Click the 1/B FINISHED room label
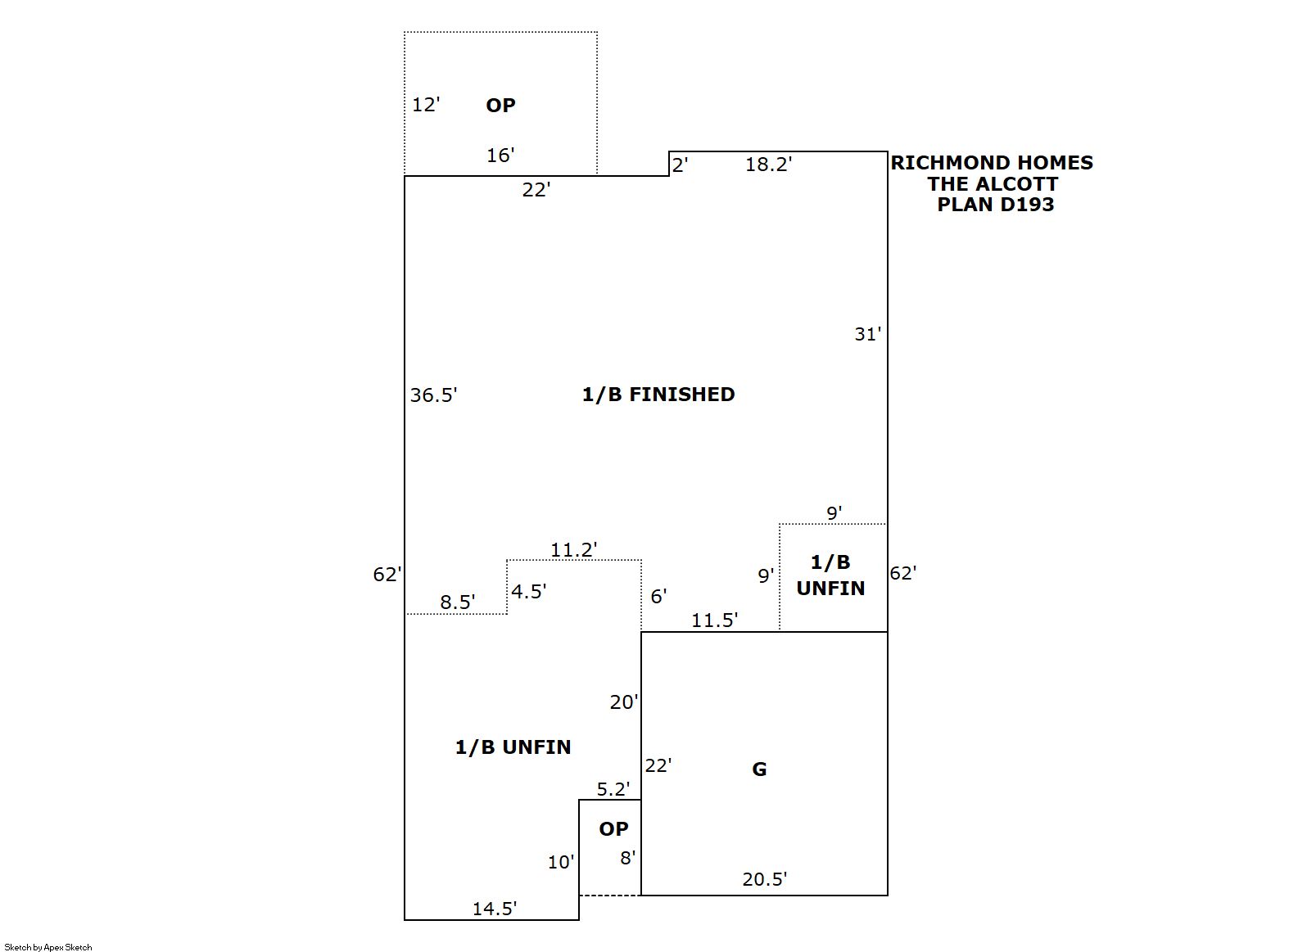(x=658, y=395)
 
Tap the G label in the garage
(x=759, y=769)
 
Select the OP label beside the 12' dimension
(x=500, y=106)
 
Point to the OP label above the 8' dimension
(x=613, y=829)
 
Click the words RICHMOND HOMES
(x=992, y=163)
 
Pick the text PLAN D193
(x=995, y=205)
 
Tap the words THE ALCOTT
(x=993, y=184)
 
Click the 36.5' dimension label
(x=433, y=395)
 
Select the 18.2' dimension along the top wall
(x=768, y=165)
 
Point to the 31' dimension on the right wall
(x=867, y=334)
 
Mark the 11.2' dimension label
(x=573, y=550)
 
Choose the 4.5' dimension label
(x=528, y=591)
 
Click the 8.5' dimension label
(x=457, y=602)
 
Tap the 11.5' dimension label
(x=714, y=620)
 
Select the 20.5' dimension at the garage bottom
(x=764, y=879)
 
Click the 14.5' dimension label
(x=494, y=909)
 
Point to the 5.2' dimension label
(x=613, y=789)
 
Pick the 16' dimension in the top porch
(x=500, y=156)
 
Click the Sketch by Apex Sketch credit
(x=48, y=947)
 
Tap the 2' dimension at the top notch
(x=680, y=165)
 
